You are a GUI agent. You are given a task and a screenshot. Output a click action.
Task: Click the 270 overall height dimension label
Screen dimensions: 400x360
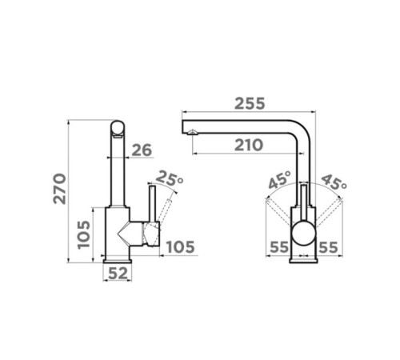pyautogui.click(x=59, y=189)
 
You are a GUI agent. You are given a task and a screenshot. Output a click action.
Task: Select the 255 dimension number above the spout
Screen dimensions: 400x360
pyautogui.click(x=250, y=104)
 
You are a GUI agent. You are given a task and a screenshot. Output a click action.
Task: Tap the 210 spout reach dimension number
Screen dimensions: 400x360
pyautogui.click(x=249, y=146)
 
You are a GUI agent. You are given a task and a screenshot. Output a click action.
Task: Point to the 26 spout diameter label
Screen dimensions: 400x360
pyautogui.click(x=142, y=150)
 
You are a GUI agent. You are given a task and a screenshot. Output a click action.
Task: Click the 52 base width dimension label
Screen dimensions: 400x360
pyautogui.click(x=118, y=274)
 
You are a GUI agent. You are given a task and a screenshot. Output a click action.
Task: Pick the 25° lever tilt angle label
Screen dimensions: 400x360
pyautogui.click(x=169, y=178)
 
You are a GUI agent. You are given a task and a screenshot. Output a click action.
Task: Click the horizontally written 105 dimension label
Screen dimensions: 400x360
pyautogui.click(x=181, y=247)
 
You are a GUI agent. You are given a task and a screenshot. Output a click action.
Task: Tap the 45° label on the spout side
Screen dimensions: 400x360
pyautogui.click(x=279, y=180)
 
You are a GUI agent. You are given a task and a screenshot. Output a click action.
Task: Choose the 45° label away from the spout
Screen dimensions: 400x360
pyautogui.click(x=334, y=182)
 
